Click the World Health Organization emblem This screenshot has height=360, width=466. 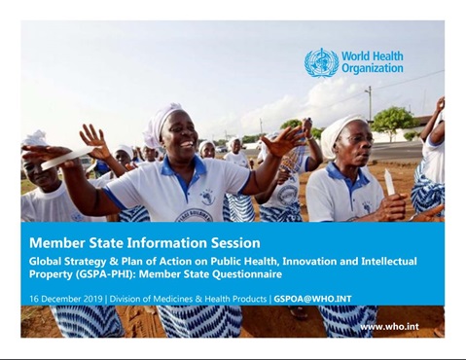(322, 62)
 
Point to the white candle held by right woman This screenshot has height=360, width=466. (390, 182)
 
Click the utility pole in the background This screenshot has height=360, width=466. (369, 107)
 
